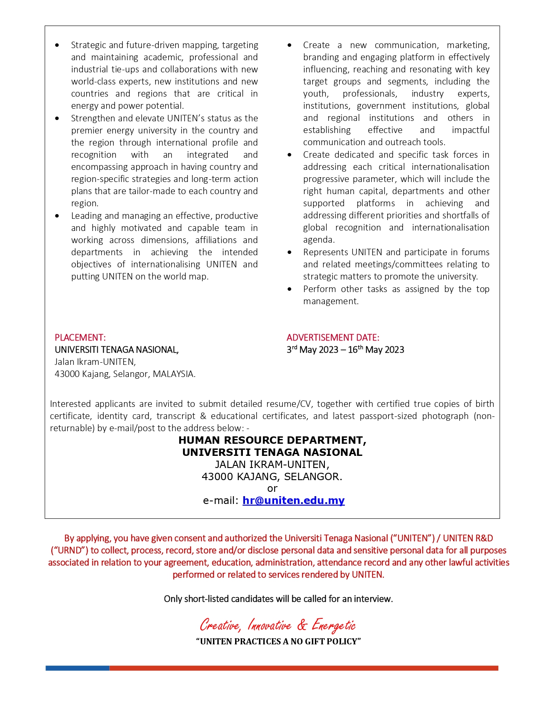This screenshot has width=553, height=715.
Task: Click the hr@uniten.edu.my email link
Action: pos(293,500)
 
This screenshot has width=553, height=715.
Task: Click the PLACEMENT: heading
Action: pos(80,338)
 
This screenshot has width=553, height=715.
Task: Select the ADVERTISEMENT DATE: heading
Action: pos(333,338)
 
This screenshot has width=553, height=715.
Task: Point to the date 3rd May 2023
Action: pos(312,350)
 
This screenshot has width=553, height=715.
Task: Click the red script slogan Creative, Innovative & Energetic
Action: pos(278,625)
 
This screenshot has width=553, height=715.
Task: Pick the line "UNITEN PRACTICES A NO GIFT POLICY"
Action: pos(278,641)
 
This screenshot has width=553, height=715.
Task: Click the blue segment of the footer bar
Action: pos(77,668)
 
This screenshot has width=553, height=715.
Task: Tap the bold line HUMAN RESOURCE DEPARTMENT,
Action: pos(272,440)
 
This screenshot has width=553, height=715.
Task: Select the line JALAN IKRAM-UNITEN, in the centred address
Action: pos(272,465)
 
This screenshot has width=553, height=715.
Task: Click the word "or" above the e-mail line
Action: pos(272,489)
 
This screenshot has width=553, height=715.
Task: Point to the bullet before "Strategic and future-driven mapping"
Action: pos(57,45)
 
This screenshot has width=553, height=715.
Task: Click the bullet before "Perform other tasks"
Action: pos(289,289)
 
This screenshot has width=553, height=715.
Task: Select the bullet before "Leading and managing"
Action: pos(57,216)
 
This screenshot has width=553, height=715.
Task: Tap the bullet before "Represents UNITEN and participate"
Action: pos(289,252)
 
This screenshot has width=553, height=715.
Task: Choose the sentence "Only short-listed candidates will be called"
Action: pos(278,599)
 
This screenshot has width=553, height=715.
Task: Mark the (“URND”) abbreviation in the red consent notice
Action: pos(69,550)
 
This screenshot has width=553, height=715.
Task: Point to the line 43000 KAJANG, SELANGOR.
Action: pos(272,477)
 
